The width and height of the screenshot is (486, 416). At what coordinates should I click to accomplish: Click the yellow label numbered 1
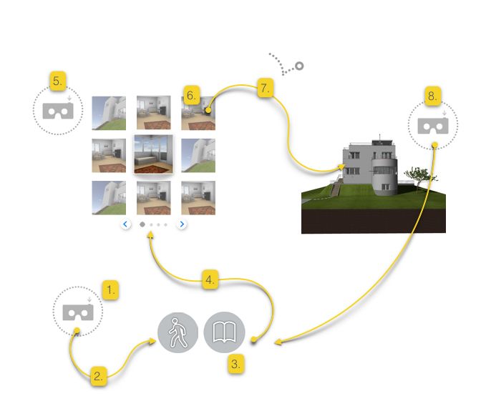click(x=110, y=290)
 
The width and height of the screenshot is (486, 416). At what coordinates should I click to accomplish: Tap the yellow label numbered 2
click(x=99, y=376)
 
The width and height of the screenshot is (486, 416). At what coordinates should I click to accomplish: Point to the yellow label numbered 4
click(x=209, y=281)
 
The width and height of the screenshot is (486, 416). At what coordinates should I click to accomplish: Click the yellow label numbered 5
click(x=57, y=81)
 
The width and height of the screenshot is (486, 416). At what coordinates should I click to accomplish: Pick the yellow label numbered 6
click(x=190, y=95)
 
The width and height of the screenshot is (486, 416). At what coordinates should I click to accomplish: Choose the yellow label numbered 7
click(x=264, y=89)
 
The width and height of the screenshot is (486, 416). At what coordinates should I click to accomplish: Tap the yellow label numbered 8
click(x=432, y=95)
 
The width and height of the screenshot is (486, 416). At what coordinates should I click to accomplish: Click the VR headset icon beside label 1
click(x=77, y=312)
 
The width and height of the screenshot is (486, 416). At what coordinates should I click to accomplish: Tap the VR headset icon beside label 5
click(x=58, y=110)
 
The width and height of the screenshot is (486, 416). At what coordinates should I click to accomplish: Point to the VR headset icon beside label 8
click(x=433, y=126)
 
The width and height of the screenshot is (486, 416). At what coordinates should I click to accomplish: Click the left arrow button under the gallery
click(x=126, y=224)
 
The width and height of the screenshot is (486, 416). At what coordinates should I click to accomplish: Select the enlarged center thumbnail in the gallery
click(x=153, y=154)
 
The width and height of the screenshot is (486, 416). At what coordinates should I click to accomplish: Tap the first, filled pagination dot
click(x=142, y=224)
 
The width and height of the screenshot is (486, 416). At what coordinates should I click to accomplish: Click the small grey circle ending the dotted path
click(x=299, y=66)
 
